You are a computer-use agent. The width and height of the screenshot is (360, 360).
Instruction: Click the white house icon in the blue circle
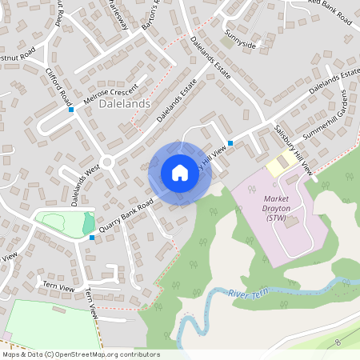coord(180,173)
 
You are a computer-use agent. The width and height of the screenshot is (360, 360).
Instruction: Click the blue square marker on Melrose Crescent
coord(71,110)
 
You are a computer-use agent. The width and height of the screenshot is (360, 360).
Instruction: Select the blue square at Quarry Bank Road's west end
coord(92,237)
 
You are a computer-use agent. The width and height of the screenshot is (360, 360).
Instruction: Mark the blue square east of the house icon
coord(230,143)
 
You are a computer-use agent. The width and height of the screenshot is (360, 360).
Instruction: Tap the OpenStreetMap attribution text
coord(81,354)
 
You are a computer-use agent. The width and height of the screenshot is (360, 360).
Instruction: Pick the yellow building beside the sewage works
coord(278,166)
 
